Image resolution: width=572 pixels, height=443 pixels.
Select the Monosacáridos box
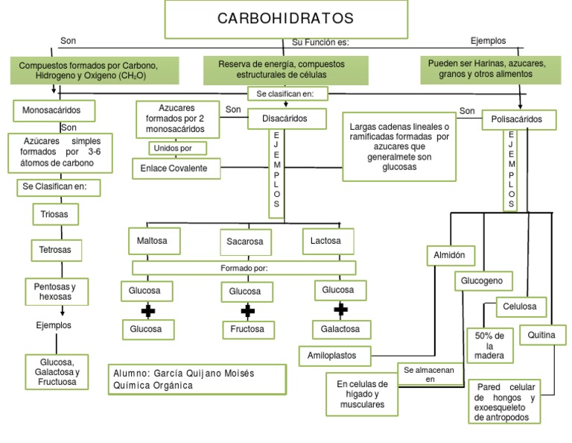[x=57, y=110]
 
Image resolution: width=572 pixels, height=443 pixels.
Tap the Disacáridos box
[x=285, y=118]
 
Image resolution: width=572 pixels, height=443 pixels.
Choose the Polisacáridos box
[x=518, y=119]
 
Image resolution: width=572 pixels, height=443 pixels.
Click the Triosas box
[x=55, y=214]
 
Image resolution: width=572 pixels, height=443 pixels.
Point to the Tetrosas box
[x=56, y=250]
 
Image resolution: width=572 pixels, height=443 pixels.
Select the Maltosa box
[x=152, y=242]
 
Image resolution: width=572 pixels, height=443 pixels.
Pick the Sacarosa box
[x=245, y=242]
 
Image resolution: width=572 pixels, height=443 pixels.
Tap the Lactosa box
[x=325, y=242]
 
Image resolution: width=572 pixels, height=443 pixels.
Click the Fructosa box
[x=247, y=329]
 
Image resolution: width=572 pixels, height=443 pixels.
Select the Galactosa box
[x=340, y=329]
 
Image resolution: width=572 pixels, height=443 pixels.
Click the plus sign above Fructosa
[x=247, y=310]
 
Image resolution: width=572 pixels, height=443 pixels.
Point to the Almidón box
[x=449, y=255]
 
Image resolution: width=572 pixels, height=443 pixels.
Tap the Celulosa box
[x=521, y=307]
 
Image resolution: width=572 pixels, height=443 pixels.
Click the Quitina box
[x=541, y=336]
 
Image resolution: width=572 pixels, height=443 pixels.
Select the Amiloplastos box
[x=331, y=356]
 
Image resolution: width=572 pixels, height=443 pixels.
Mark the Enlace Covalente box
[x=174, y=169]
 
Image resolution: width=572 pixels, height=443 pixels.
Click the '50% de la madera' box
[x=489, y=345]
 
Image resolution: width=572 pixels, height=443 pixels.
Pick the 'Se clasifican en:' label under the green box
[x=286, y=94]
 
